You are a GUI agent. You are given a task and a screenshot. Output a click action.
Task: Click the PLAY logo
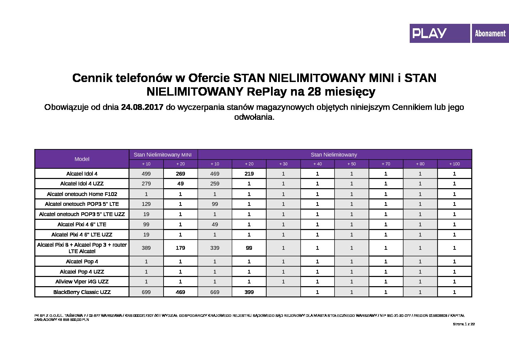pyautogui.click(x=429, y=33)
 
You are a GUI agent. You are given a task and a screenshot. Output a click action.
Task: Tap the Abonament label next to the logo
pyautogui.click(x=490, y=34)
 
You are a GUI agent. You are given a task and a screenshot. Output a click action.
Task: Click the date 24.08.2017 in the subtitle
pyautogui.click(x=142, y=107)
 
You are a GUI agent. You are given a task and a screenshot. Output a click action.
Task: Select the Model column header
pyautogui.click(x=82, y=159)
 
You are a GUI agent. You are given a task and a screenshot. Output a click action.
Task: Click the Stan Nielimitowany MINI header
pyautogui.click(x=163, y=154)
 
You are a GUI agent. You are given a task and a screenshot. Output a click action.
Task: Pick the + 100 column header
pyautogui.click(x=455, y=164)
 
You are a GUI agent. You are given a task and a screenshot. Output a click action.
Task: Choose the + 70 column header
pyautogui.click(x=386, y=164)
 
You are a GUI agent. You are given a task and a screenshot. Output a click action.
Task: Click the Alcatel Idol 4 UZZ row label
pyautogui.click(x=82, y=183)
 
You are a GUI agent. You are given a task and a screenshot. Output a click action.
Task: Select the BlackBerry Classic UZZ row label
pyautogui.click(x=82, y=292)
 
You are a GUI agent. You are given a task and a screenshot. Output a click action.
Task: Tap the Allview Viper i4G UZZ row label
pyautogui.click(x=82, y=281)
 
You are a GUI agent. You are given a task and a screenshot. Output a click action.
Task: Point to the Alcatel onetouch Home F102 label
pyautogui.click(x=82, y=194)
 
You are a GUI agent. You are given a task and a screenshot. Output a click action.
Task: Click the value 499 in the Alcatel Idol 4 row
pyautogui.click(x=146, y=174)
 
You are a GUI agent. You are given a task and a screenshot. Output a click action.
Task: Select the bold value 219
pyautogui.click(x=249, y=174)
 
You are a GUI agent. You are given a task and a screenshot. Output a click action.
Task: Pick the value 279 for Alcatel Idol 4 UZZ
pyautogui.click(x=146, y=183)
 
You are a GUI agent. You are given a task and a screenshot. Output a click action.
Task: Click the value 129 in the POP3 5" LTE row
pyautogui.click(x=146, y=204)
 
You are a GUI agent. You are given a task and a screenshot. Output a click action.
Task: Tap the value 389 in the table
pyautogui.click(x=146, y=248)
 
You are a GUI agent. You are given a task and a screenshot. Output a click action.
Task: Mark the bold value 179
pyautogui.click(x=181, y=248)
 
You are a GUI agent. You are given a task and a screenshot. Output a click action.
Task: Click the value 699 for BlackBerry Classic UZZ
pyautogui.click(x=146, y=292)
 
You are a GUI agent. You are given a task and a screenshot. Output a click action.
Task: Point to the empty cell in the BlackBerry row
pyautogui.click(x=283, y=292)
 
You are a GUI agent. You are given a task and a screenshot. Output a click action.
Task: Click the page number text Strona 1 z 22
pyautogui.click(x=463, y=324)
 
